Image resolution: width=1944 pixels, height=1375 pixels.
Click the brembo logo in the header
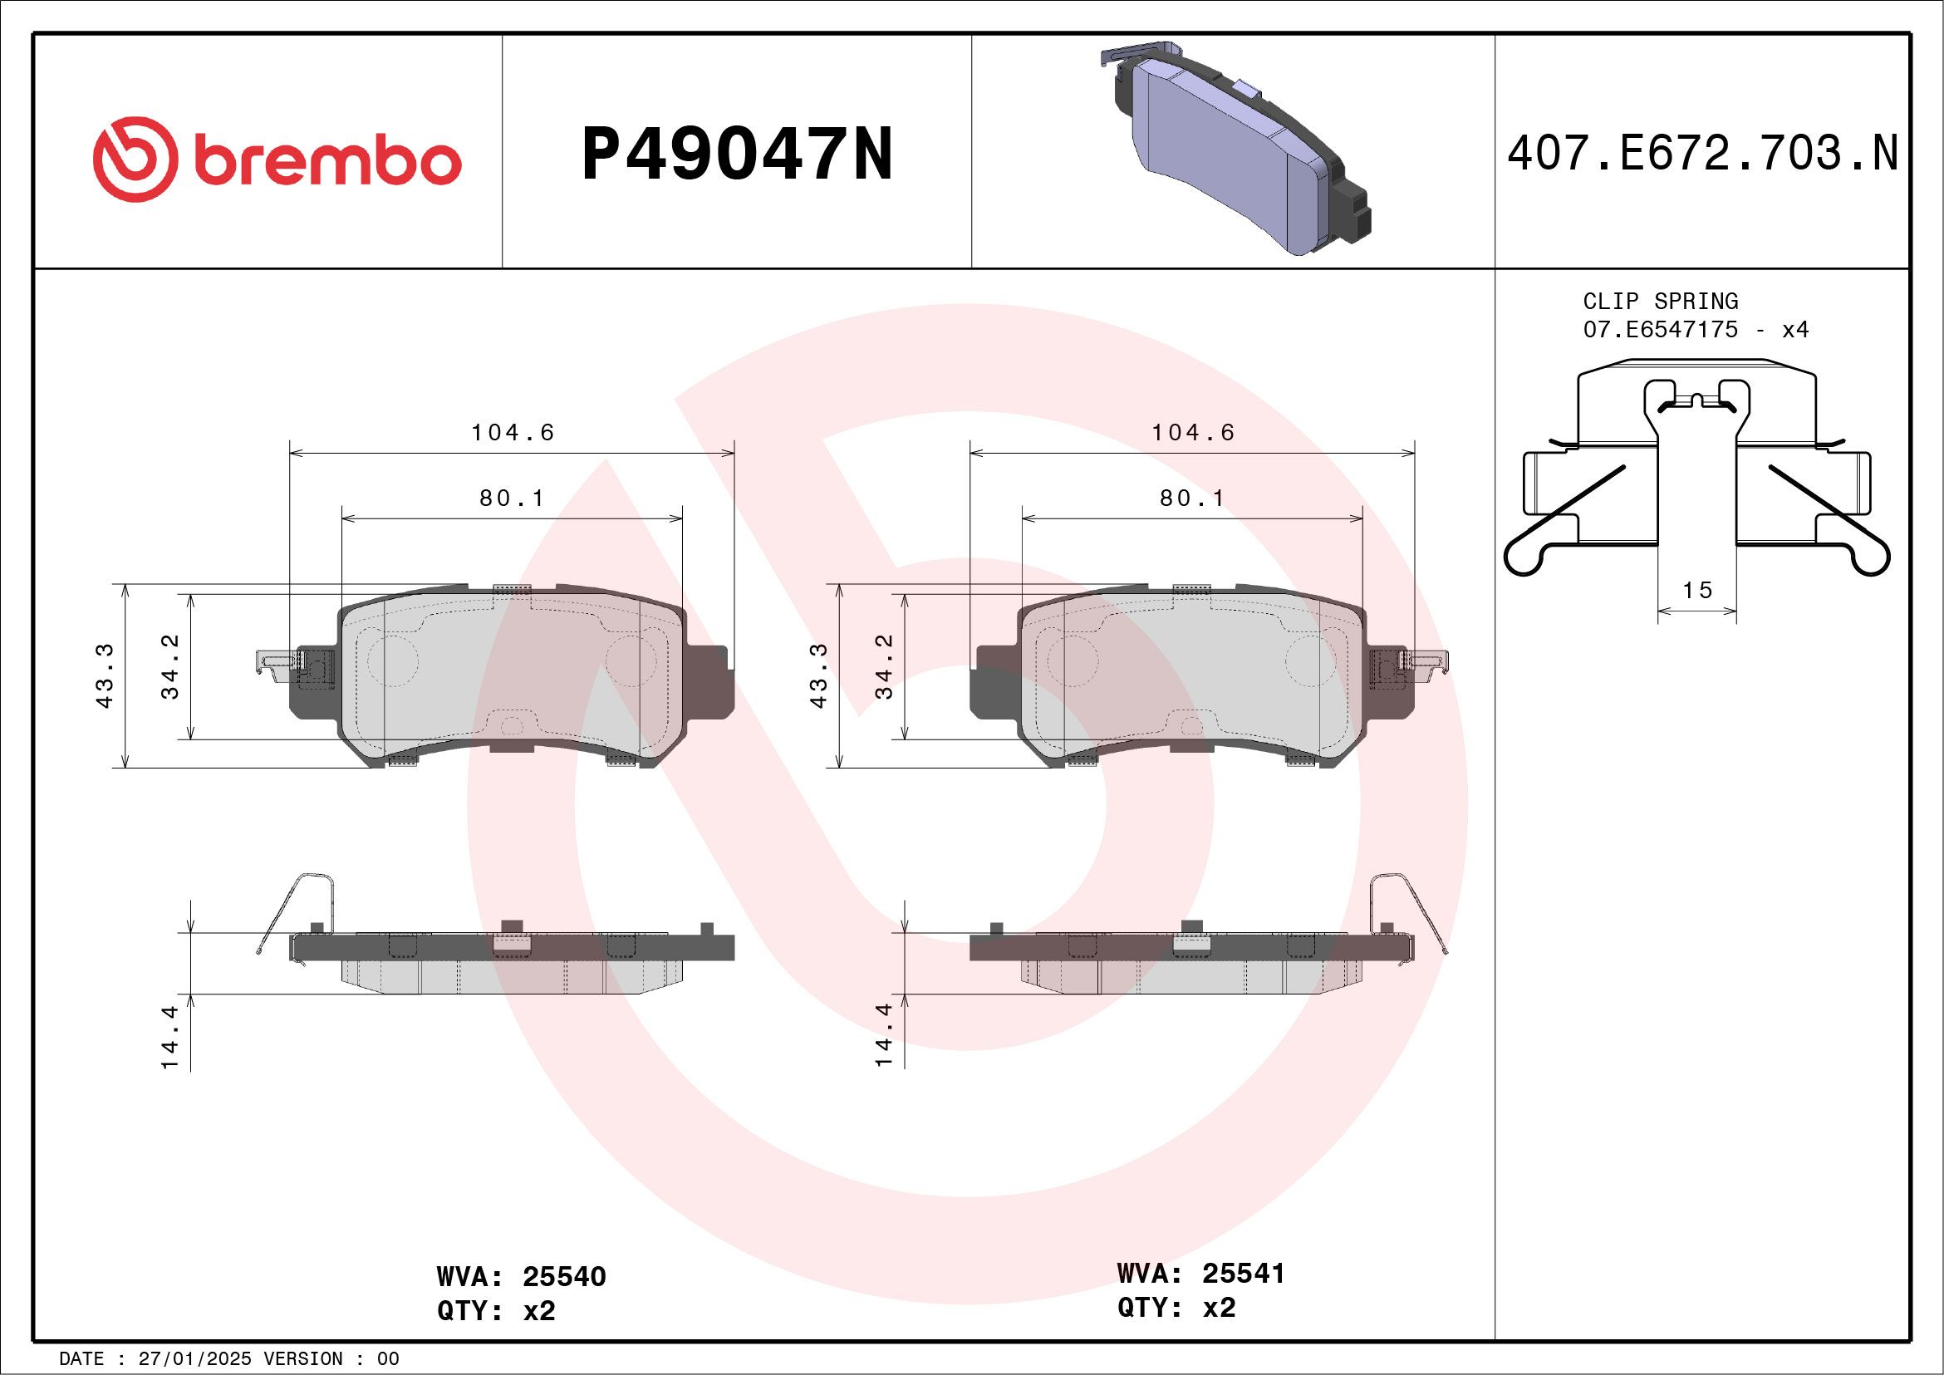point(277,160)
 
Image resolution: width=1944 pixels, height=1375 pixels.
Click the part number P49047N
point(737,155)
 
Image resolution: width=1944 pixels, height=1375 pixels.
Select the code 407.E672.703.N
point(1702,155)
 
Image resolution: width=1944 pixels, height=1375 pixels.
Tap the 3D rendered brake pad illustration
point(1236,148)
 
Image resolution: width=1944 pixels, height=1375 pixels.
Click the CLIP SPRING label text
point(1661,302)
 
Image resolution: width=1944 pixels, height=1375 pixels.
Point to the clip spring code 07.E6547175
point(1661,329)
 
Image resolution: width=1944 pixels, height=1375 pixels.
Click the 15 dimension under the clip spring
point(1696,590)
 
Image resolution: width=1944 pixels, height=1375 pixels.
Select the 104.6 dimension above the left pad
point(513,433)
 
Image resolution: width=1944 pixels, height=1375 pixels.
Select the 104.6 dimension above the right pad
point(1192,433)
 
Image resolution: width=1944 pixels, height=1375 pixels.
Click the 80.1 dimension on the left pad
point(513,498)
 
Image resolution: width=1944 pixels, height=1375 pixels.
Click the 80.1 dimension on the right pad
point(1192,498)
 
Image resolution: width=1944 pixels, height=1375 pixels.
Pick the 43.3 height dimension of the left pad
point(105,675)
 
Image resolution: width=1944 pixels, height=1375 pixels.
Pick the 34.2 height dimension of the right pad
point(884,667)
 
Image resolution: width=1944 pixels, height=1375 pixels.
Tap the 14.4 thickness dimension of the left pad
point(170,1037)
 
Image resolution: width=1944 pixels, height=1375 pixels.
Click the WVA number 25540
point(564,1277)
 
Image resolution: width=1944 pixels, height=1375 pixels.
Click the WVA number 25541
point(1243,1274)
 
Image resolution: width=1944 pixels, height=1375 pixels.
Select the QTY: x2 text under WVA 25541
point(1176,1308)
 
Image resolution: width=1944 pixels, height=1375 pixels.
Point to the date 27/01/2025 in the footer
point(194,1359)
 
